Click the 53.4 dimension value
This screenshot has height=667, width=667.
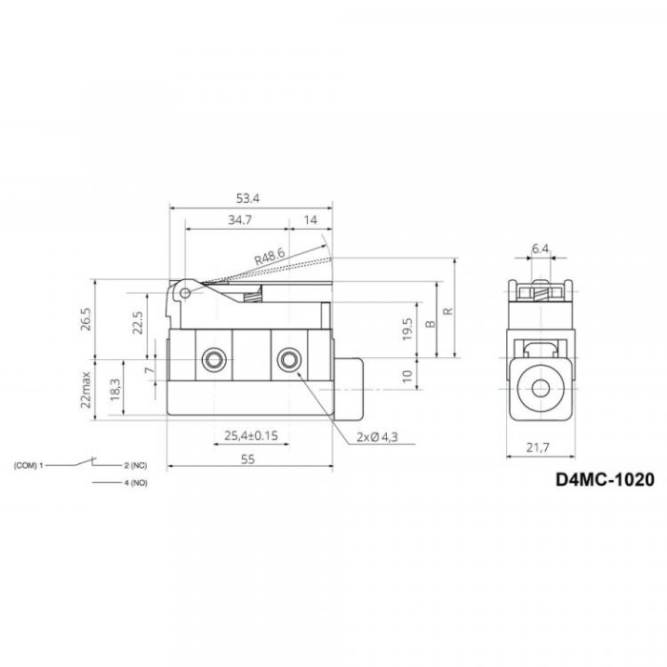coord(248,198)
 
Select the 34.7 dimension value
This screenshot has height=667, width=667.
coord(240,220)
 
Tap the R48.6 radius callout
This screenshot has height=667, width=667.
coord(270,256)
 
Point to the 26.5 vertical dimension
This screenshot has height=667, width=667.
coord(86,318)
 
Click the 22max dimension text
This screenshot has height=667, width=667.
coord(87,390)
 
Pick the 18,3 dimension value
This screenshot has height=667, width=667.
coord(115,390)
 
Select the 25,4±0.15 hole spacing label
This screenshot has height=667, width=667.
coord(251,435)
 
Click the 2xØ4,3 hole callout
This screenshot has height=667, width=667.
coord(377,436)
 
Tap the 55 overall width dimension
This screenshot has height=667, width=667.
coord(248,459)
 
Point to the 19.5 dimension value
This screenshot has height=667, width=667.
coord(407,329)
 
